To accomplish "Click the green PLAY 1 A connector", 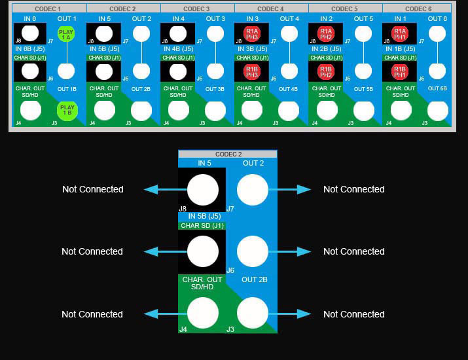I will [x=66, y=35].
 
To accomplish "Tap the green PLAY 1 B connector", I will [x=66, y=111].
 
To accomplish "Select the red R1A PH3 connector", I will [x=252, y=34].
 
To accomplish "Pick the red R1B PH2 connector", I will [x=326, y=71].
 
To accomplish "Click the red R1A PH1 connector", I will [x=400, y=34].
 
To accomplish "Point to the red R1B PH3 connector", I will [x=252, y=71].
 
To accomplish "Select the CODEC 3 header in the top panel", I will [x=196, y=9].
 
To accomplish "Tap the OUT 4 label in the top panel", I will [x=289, y=19].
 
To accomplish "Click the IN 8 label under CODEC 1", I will [x=30, y=19].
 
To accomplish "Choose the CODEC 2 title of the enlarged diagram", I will [x=228, y=154].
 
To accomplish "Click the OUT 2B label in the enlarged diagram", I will [x=254, y=279].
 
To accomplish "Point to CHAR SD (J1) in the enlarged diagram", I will [x=202, y=226].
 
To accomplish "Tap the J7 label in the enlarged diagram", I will [x=230, y=209].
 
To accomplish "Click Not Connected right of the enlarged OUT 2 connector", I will [x=353, y=189].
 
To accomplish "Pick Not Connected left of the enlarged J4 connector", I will [x=92, y=314].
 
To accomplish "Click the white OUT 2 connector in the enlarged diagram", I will [x=253, y=190].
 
